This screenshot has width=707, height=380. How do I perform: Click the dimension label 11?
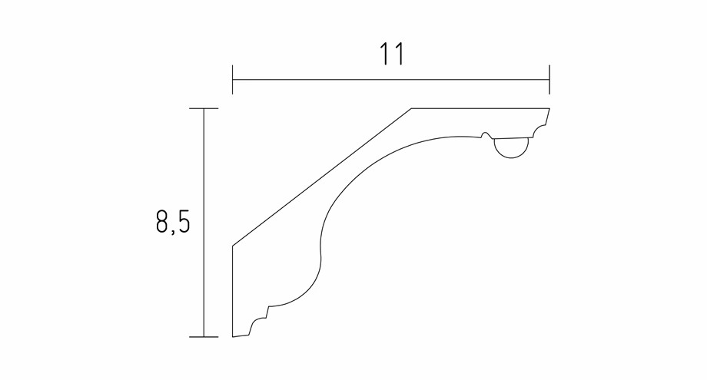click(x=390, y=54)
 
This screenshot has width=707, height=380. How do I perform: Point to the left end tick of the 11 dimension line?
click(x=233, y=80)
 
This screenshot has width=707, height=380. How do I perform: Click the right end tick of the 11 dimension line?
click(x=549, y=80)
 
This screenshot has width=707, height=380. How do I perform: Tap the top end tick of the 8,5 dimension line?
click(x=204, y=108)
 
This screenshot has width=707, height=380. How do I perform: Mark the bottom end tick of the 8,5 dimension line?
click(x=204, y=336)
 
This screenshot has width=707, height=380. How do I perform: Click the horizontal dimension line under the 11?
click(x=391, y=80)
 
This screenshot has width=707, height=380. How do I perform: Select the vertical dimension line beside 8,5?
click(x=204, y=223)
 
